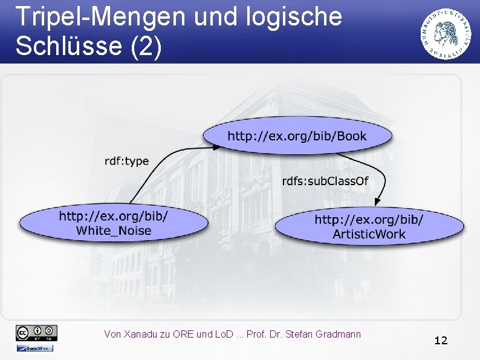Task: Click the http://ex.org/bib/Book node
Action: point(297,136)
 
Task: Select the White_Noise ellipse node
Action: point(114,223)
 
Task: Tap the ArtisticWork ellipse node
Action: point(369,227)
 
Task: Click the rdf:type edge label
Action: point(126,161)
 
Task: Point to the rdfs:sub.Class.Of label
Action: point(325,181)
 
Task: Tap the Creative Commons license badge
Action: point(37,332)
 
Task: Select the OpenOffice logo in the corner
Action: point(34,348)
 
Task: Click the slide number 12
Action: point(441,341)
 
